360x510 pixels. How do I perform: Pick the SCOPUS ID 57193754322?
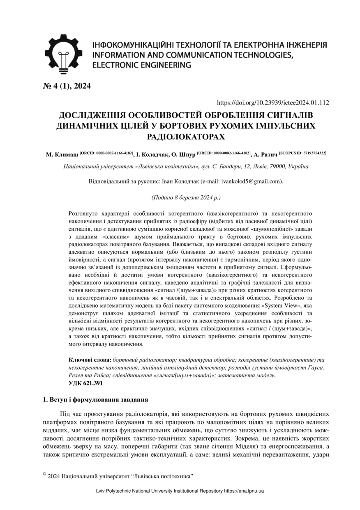click(303, 153)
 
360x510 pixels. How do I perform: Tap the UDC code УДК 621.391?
click(85, 383)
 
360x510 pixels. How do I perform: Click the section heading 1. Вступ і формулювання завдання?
click(95, 399)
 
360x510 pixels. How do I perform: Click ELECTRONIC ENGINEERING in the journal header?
click(142, 65)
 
